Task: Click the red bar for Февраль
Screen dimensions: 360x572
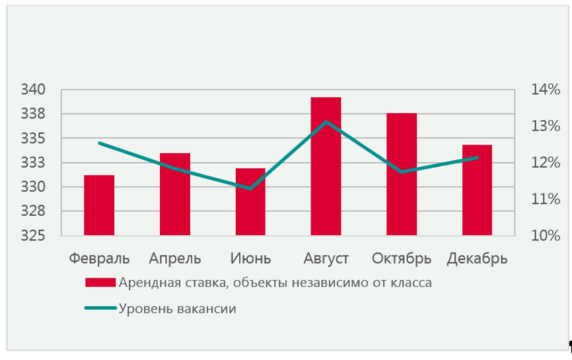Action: tap(99, 205)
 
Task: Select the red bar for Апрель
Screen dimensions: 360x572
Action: tap(175, 194)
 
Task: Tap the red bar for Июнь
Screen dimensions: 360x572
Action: tap(250, 202)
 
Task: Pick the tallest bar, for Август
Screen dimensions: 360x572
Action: tap(326, 166)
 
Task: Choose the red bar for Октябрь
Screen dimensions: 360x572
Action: tap(402, 174)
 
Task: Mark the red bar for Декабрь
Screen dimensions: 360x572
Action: tap(477, 190)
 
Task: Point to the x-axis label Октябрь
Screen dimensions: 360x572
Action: tap(402, 258)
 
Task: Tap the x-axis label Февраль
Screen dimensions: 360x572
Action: tap(99, 258)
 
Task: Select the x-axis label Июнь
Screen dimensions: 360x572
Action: tap(250, 258)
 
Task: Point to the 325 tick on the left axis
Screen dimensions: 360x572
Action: tap(33, 236)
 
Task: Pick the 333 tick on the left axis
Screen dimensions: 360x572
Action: tap(33, 163)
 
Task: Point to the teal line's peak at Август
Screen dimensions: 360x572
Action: tap(326, 122)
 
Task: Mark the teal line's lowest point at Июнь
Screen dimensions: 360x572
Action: tap(250, 188)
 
